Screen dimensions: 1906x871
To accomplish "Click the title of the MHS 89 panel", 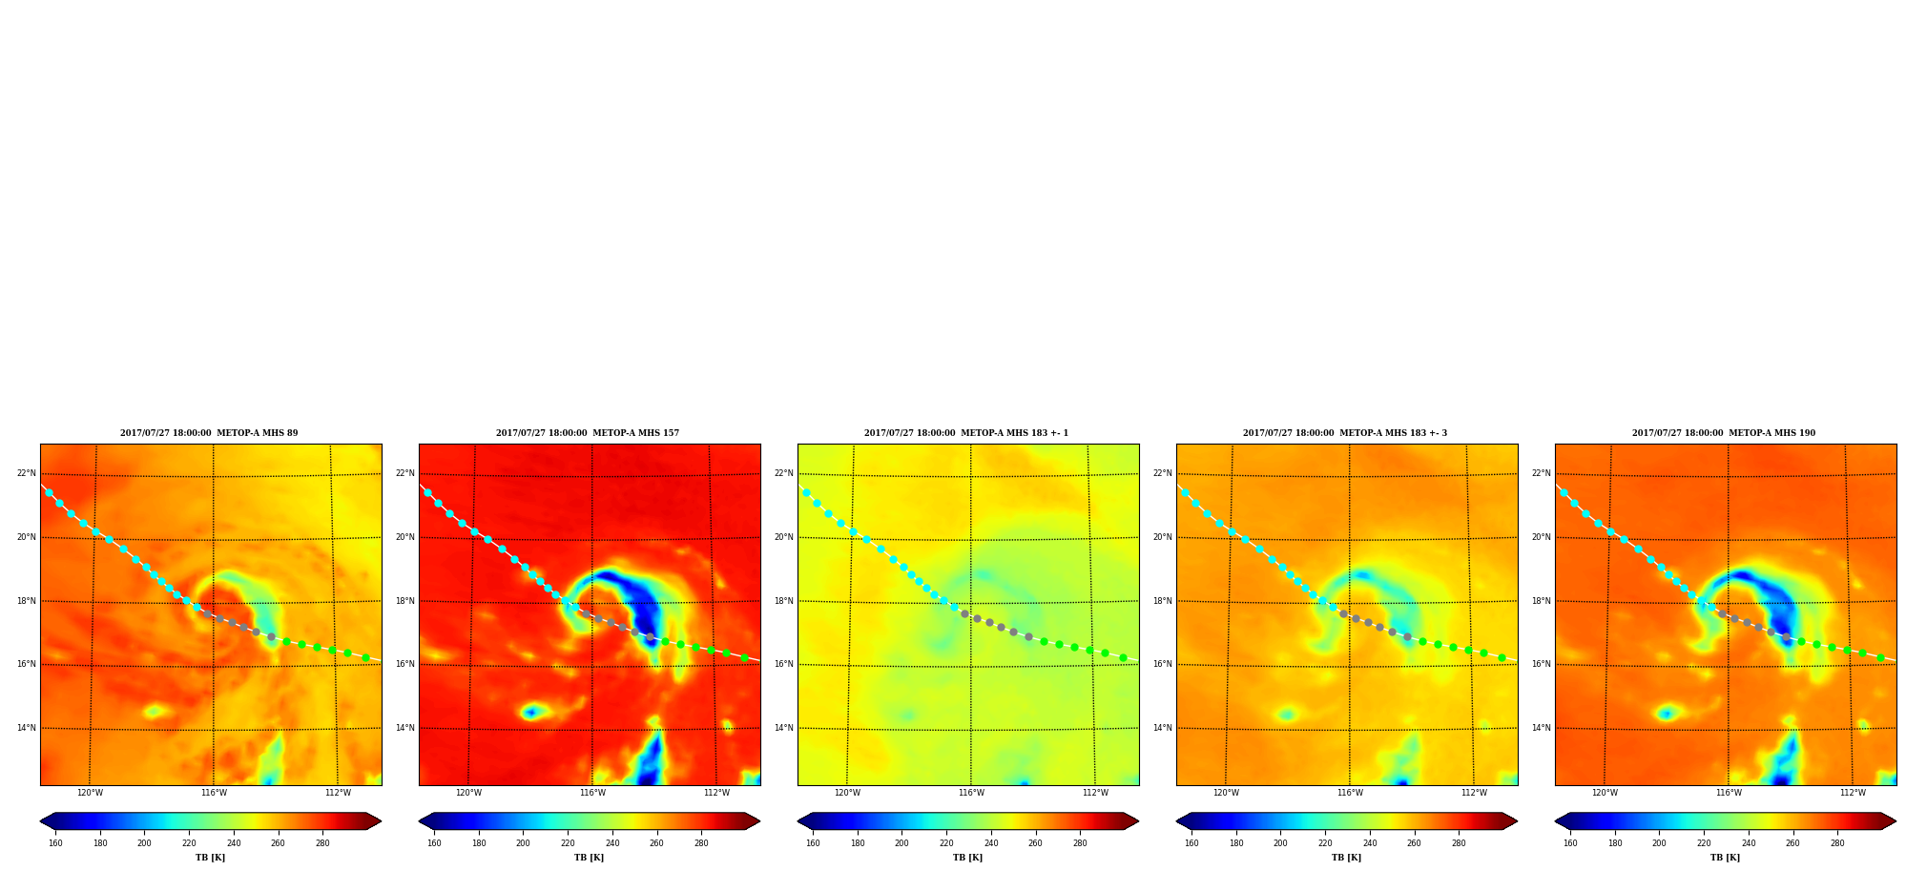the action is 209,433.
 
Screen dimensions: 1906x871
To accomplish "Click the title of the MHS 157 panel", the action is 588,433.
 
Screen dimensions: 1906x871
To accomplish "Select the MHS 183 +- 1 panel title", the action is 966,433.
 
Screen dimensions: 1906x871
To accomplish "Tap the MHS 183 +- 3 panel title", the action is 1345,433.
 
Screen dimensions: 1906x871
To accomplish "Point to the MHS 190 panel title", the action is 1724,433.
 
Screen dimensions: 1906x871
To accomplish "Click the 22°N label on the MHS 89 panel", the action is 26,473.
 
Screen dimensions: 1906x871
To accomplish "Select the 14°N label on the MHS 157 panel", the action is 404,728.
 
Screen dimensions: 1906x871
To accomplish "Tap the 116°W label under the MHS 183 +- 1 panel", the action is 971,793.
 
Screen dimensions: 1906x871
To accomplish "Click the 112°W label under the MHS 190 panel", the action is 1853,793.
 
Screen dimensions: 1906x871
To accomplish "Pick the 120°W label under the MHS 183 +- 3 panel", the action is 1226,793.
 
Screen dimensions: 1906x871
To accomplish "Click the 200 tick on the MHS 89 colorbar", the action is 144,843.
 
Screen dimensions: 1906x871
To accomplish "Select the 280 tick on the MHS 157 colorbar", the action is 701,843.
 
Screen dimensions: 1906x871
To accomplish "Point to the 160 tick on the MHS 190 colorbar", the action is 1570,843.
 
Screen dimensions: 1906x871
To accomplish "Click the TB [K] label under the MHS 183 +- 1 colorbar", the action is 967,858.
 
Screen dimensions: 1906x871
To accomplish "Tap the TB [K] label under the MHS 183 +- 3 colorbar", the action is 1346,858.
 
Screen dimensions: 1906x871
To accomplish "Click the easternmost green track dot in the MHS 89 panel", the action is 365,657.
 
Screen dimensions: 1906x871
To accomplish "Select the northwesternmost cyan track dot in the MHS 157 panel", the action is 427,492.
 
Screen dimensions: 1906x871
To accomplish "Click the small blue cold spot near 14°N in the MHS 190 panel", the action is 1667,713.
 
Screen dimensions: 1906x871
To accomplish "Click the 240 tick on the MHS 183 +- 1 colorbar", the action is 991,843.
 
